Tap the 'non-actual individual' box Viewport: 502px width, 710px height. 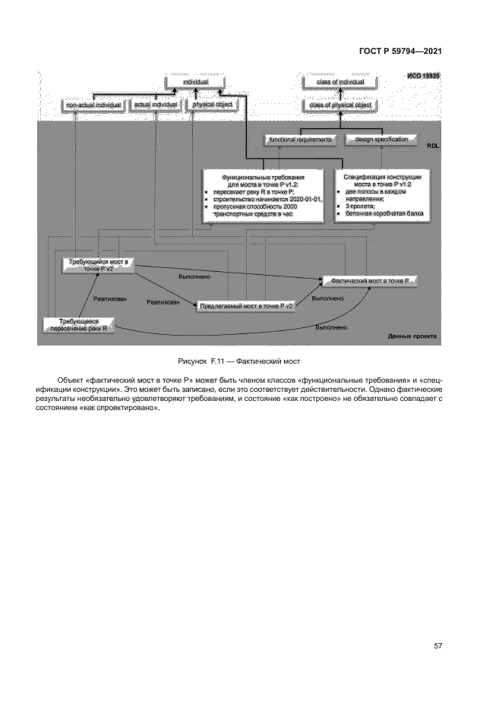93,104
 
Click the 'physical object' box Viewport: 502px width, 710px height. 212,104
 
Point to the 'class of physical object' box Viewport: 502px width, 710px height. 339,105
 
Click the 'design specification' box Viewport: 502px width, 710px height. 381,140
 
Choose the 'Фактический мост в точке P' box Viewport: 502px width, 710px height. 371,281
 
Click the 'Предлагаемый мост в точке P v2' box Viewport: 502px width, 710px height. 246,306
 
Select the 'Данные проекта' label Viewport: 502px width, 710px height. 414,335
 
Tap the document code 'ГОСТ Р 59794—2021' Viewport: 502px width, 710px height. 399,52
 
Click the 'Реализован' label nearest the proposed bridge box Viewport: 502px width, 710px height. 163,302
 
